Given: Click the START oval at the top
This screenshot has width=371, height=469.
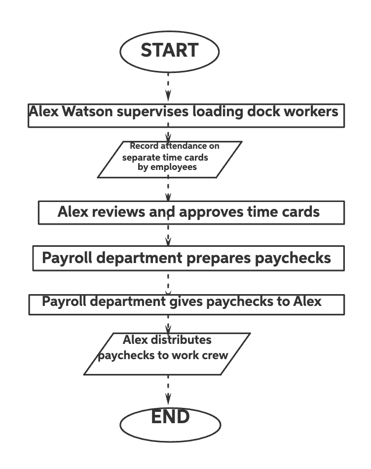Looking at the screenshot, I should pyautogui.click(x=169, y=51).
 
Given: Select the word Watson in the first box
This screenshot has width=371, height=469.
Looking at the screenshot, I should pyautogui.click(x=88, y=112).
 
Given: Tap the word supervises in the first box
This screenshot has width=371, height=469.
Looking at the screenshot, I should pyautogui.click(x=153, y=112).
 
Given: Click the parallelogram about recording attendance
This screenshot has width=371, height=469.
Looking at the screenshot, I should pyautogui.click(x=169, y=159).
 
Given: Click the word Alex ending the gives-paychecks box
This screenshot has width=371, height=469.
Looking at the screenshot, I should pyautogui.click(x=307, y=301).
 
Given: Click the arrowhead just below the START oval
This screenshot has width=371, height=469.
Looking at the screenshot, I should pyautogui.click(x=168, y=94).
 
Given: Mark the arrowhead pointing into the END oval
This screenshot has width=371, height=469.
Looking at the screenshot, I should pyautogui.click(x=168, y=398).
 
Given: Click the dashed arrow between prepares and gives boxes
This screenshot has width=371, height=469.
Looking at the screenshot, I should pyautogui.click(x=168, y=283).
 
